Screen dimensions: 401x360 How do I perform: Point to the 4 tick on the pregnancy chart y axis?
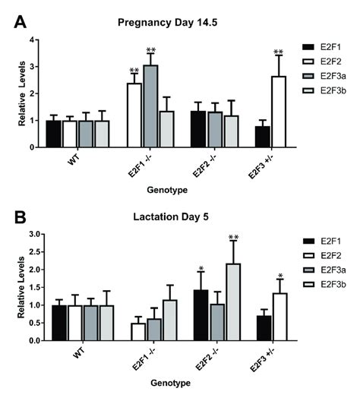(x=33, y=40)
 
